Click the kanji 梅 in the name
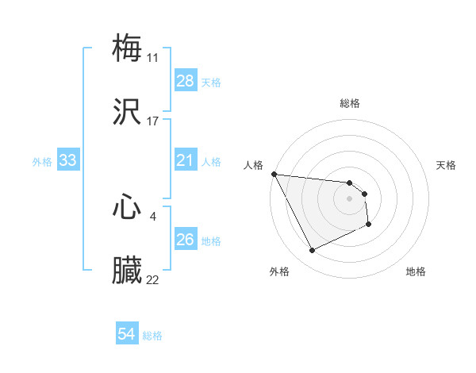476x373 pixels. click(x=127, y=48)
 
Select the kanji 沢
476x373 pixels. click(x=127, y=113)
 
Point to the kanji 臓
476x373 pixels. click(x=127, y=271)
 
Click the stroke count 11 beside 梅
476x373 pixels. click(x=153, y=57)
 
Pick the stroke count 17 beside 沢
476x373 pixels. click(x=153, y=121)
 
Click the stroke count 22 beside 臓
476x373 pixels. click(x=153, y=279)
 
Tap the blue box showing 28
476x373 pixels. click(x=186, y=81)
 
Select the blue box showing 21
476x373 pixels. click(x=186, y=161)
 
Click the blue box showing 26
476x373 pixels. click(x=186, y=240)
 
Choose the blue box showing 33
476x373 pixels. click(x=68, y=161)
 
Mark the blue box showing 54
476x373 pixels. click(x=127, y=335)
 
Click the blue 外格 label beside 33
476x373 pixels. click(x=42, y=162)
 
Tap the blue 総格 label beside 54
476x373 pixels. click(x=152, y=336)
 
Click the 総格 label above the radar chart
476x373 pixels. click(x=350, y=103)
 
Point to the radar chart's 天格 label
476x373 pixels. click(x=447, y=165)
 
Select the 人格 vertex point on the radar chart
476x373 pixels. click(x=274, y=174)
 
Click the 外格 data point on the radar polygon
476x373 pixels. click(x=312, y=251)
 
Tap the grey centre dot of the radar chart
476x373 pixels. click(x=350, y=198)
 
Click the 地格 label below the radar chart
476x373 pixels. click(x=416, y=271)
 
